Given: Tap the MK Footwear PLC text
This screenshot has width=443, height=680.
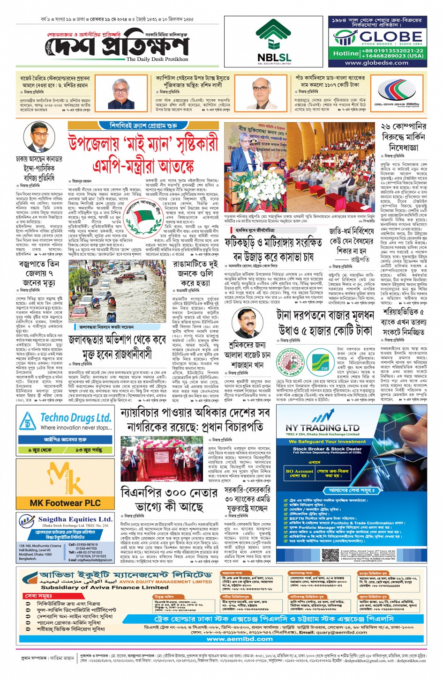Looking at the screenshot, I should [65, 503].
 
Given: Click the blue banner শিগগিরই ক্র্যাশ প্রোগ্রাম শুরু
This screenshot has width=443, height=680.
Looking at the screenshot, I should [143, 126].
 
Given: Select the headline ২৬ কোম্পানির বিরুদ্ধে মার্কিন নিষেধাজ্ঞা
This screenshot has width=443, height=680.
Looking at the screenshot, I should [403, 137].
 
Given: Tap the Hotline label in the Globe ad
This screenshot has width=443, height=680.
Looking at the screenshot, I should [346, 53].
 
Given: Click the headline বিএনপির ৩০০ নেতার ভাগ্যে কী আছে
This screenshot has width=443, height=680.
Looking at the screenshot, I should [169, 500].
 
